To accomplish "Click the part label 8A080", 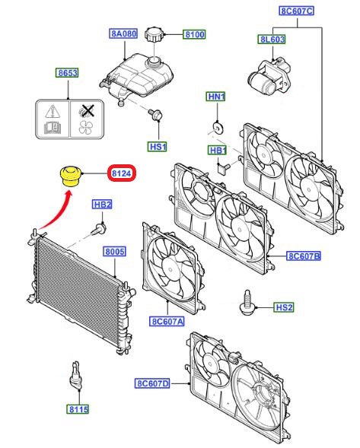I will point(123,34).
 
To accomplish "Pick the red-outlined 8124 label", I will point(122,174).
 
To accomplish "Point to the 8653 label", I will point(66,74).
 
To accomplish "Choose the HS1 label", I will point(158,145).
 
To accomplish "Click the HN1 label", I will point(216,97).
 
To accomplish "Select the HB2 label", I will point(102,205).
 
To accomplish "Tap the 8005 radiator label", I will point(115,251).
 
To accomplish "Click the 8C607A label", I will point(167,321).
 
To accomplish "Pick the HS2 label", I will point(284,307).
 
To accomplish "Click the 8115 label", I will point(78,409).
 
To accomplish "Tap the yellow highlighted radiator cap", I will point(70,175).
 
